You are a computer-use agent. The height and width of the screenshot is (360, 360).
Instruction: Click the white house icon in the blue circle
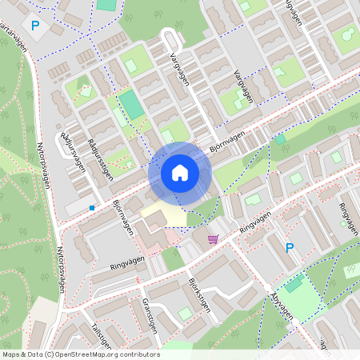179,172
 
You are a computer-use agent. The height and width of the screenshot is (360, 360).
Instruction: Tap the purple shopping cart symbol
213,238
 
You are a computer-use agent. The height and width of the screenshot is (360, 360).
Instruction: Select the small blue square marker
92,208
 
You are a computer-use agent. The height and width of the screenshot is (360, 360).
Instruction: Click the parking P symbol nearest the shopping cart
290,249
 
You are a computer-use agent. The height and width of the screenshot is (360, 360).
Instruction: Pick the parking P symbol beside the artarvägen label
34,26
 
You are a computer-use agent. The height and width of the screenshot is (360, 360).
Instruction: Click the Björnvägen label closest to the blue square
122,216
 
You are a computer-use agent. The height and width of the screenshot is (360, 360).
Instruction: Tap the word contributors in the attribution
142,354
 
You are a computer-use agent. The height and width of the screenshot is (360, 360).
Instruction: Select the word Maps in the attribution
12,354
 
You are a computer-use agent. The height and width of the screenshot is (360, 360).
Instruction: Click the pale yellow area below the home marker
163,214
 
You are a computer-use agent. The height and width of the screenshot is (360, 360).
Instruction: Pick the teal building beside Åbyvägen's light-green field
294,284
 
